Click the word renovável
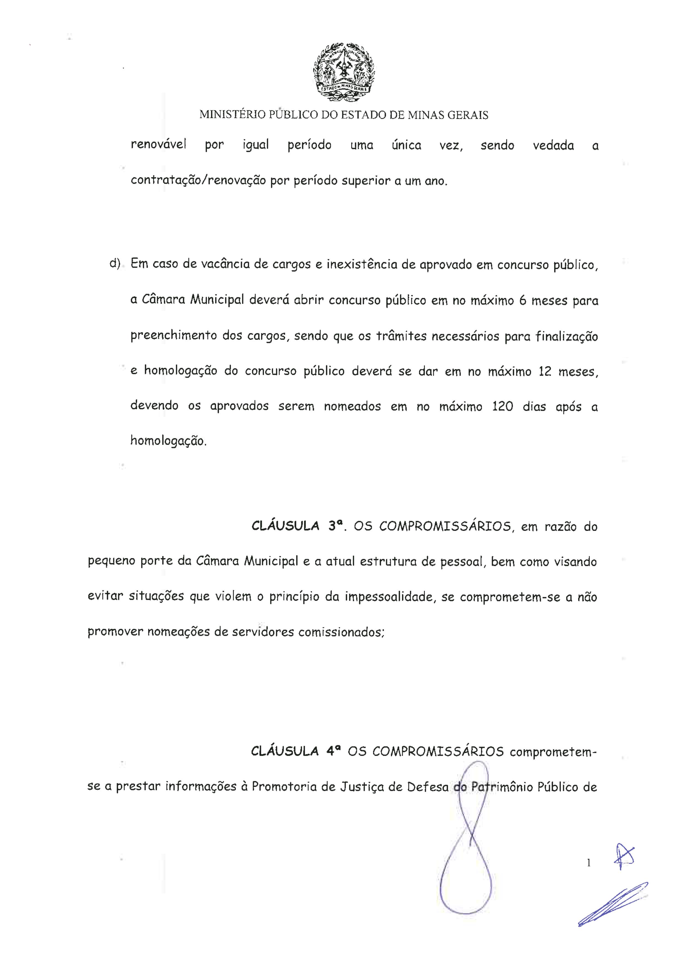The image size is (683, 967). [x=158, y=145]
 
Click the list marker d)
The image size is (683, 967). [x=115, y=264]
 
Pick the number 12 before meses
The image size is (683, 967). [x=545, y=372]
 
